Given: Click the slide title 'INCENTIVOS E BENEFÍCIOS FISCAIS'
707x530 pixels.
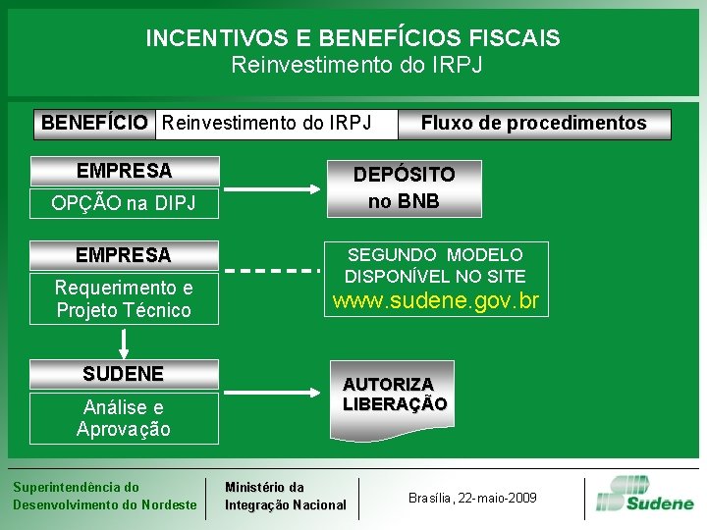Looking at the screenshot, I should click(x=353, y=38).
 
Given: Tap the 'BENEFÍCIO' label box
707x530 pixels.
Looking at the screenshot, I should click(x=95, y=124).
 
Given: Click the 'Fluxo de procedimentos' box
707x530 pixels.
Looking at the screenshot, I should click(x=533, y=124).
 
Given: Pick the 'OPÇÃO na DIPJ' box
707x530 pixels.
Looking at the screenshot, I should click(x=124, y=203).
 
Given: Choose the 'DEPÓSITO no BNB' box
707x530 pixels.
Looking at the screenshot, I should click(x=404, y=187).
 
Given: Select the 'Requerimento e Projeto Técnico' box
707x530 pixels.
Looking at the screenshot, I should click(x=124, y=299).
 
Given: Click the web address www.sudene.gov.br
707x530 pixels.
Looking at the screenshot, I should click(x=436, y=301).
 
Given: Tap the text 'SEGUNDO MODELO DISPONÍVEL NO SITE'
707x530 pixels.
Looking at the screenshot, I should click(x=435, y=265).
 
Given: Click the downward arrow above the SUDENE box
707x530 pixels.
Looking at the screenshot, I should click(x=125, y=344).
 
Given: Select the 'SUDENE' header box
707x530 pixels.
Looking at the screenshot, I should click(x=124, y=374).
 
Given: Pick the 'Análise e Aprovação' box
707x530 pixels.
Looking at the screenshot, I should click(x=124, y=417).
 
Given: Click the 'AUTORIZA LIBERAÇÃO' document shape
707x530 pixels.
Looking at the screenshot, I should click(x=395, y=395).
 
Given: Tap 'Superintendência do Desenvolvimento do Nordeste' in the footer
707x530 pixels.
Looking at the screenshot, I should click(x=104, y=496).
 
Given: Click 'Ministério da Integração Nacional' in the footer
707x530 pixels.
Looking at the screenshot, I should click(x=285, y=496).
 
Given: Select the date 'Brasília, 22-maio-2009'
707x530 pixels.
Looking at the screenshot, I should click(x=472, y=498).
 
